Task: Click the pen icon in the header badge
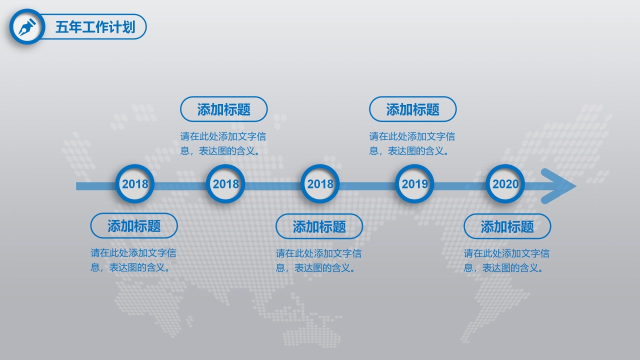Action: click(27, 27)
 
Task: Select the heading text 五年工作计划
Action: click(95, 27)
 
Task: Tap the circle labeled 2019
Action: click(414, 184)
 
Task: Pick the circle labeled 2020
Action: click(505, 184)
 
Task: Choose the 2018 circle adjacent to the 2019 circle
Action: click(320, 184)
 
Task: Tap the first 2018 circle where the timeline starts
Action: click(135, 184)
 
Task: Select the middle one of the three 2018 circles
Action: click(225, 184)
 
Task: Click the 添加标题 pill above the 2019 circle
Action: click(412, 109)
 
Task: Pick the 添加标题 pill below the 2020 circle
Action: click(507, 227)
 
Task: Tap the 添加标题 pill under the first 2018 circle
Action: click(134, 226)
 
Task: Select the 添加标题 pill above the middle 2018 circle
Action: click(223, 109)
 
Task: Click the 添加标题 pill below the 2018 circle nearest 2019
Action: click(319, 227)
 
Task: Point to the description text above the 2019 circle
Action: click(412, 143)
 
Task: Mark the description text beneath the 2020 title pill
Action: click(506, 260)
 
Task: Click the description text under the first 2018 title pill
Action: click(133, 260)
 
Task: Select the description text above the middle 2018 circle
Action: click(223, 143)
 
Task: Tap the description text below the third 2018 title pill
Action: click(318, 260)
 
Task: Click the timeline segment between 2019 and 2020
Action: click(460, 186)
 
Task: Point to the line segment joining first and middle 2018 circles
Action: click(180, 186)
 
